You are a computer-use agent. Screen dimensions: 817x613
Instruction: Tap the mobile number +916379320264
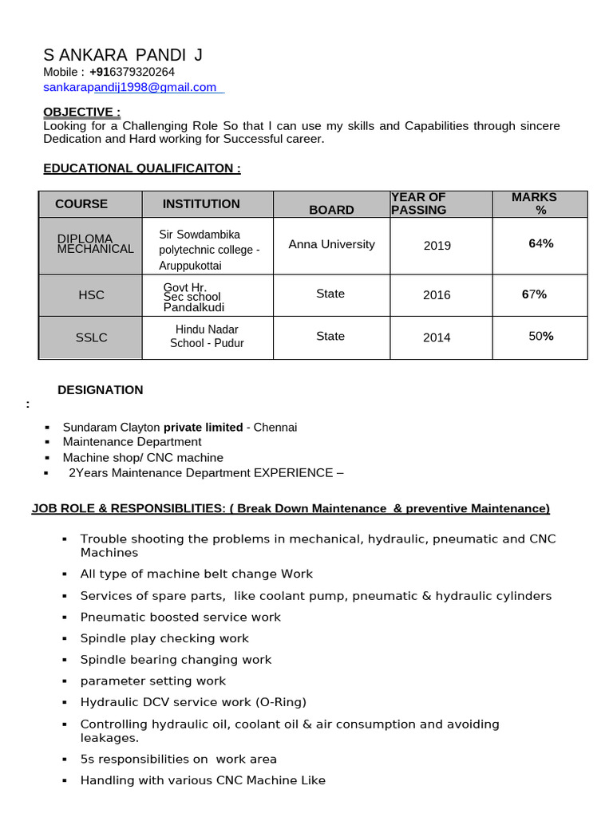132,72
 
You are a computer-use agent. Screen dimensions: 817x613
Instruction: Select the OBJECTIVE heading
81,111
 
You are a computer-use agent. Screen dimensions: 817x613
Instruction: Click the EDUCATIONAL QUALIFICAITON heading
141,168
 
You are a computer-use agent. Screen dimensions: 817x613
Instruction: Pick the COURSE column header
81,204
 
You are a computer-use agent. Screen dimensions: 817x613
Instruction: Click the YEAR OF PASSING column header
418,203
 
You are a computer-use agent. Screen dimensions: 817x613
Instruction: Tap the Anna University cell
331,244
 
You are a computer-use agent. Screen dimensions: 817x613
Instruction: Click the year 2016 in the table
437,295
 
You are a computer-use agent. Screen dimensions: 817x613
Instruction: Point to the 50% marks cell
541,336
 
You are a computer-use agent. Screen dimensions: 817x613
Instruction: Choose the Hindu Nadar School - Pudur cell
207,336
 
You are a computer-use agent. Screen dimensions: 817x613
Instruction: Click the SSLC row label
91,337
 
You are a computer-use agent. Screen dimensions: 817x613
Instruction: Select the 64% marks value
541,243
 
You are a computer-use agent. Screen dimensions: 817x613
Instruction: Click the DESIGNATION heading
101,390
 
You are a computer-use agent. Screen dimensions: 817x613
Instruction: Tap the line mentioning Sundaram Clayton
180,427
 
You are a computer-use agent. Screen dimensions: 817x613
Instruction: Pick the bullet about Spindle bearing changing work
176,660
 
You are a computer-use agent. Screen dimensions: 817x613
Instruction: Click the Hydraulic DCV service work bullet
193,702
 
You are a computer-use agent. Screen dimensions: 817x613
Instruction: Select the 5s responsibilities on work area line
179,759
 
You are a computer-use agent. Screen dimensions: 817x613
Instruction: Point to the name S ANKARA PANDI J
123,54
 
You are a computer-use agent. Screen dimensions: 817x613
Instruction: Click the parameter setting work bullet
153,681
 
